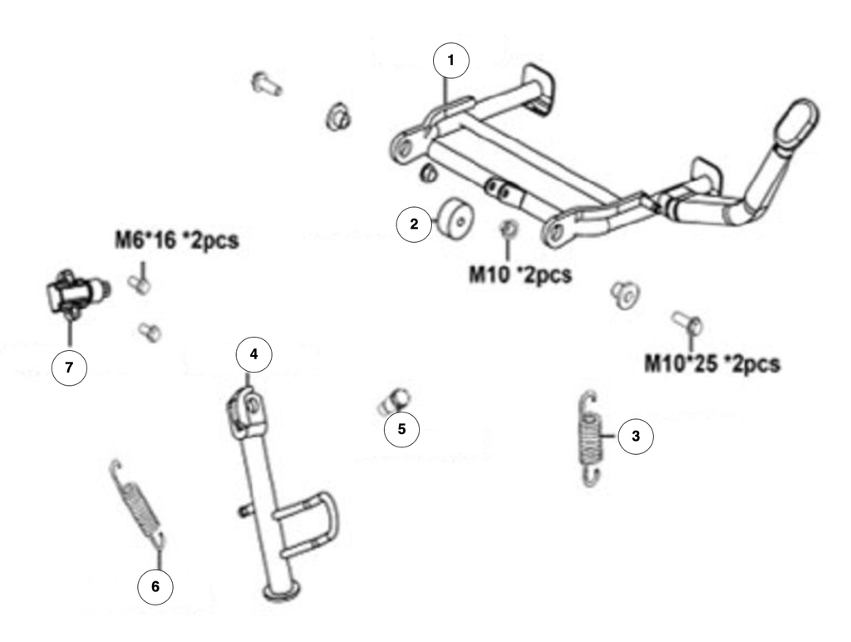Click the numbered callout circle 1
click(x=450, y=60)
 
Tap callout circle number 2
click(x=414, y=223)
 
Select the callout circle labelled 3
click(x=636, y=436)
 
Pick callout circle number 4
click(x=253, y=354)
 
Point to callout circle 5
click(x=401, y=429)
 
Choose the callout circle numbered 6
click(x=155, y=586)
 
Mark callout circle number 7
click(x=69, y=368)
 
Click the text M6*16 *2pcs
click(x=177, y=240)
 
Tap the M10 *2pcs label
click(x=520, y=274)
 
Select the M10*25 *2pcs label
click(x=712, y=363)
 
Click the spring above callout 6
click(x=139, y=502)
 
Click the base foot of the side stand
click(x=282, y=591)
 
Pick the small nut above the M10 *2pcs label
click(x=508, y=230)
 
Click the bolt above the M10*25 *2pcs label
click(x=687, y=322)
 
